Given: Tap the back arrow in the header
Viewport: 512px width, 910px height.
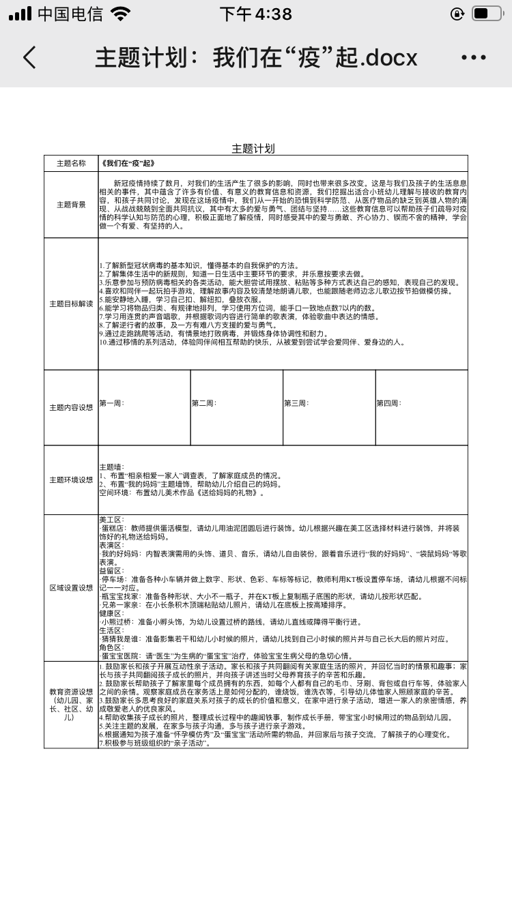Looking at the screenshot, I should (x=29, y=58).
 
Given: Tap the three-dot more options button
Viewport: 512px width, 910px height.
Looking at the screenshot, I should (x=474, y=58).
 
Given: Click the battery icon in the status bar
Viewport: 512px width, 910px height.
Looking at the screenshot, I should (x=487, y=14).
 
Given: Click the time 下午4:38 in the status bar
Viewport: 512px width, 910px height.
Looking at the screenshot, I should (x=256, y=14).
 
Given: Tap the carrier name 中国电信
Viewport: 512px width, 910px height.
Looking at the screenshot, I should (x=70, y=14).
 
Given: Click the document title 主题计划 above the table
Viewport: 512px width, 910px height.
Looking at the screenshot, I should (x=253, y=148).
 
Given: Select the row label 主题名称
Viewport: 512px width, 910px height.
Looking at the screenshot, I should (x=71, y=164).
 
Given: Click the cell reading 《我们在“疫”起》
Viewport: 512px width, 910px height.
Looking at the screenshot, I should (x=127, y=164).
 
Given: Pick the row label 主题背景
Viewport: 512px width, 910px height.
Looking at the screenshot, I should (x=71, y=205).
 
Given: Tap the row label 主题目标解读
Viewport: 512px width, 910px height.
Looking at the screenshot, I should (x=71, y=304).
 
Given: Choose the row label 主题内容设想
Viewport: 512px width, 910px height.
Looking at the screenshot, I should (x=71, y=407).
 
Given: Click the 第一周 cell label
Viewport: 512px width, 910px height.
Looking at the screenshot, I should (x=112, y=403).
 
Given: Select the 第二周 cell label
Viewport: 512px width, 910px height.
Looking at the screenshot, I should (x=204, y=403).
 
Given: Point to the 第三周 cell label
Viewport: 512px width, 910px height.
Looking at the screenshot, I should (x=296, y=403).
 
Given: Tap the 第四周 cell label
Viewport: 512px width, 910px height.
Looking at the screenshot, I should (x=388, y=403).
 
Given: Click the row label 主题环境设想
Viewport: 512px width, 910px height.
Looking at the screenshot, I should (x=71, y=480).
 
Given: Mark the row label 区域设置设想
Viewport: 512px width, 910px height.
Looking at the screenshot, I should (x=71, y=587).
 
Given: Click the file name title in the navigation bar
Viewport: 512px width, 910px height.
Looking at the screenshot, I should (x=256, y=58).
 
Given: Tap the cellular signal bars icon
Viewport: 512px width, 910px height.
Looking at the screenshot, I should (x=20, y=14).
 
